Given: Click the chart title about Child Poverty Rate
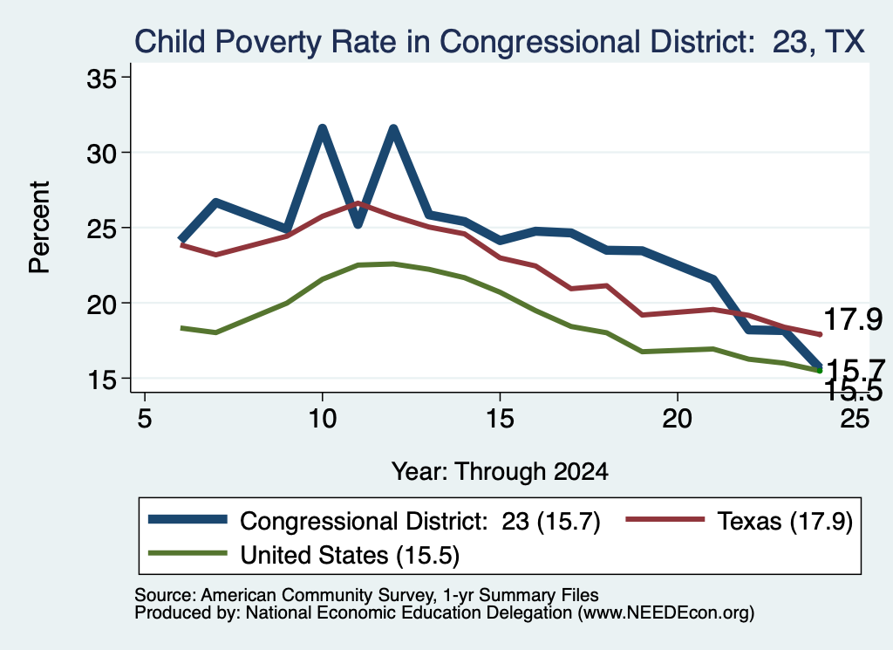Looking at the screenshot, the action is (500, 42).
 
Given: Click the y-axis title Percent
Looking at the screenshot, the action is (39, 228).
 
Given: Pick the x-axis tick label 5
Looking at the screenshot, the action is (145, 419).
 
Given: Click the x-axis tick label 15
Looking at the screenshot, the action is (500, 419).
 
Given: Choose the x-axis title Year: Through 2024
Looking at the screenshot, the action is (500, 472).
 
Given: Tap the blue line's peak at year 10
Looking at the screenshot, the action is (323, 129).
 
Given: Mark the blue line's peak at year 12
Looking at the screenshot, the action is (393, 129).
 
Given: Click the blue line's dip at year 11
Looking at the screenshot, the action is (358, 223).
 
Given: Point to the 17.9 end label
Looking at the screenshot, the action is (853, 319).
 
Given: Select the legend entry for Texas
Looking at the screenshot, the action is (740, 521).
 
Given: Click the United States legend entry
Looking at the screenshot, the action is (303, 555).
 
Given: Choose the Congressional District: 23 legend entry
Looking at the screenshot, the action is (374, 521).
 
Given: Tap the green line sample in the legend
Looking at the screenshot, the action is (187, 553).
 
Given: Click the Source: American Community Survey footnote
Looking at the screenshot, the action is (366, 595).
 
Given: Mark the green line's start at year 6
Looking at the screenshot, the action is (181, 328).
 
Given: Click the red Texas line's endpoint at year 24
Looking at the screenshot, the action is (820, 334).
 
